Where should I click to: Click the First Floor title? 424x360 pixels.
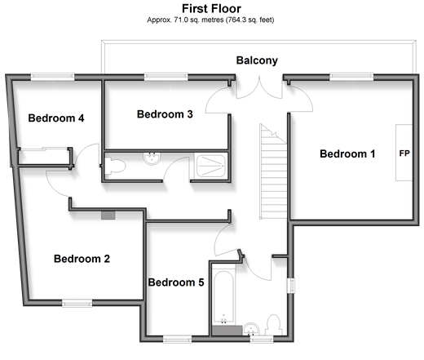click(x=211, y=9)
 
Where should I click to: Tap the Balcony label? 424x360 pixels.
click(x=257, y=60)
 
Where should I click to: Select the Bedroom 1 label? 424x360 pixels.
click(x=347, y=153)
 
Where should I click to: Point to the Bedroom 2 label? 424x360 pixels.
click(x=82, y=259)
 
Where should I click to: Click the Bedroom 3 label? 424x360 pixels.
click(x=165, y=114)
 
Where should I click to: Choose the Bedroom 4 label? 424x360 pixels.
click(x=56, y=118)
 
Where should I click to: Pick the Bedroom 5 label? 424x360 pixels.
click(x=176, y=282)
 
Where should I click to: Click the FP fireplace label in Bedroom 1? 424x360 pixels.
click(x=404, y=153)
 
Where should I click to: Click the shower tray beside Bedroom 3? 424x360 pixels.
click(x=211, y=166)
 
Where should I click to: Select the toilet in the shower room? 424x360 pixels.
click(x=115, y=166)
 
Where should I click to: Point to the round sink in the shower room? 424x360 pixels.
click(x=152, y=158)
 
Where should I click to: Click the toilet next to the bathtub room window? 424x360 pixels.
click(x=273, y=325)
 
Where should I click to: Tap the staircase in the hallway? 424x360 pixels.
click(x=273, y=171)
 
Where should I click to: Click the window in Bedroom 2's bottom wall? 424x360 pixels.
click(x=77, y=303)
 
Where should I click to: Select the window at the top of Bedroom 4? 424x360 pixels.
click(x=52, y=77)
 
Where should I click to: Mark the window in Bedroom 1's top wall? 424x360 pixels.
click(x=351, y=77)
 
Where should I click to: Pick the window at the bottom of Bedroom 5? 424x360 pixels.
click(x=177, y=339)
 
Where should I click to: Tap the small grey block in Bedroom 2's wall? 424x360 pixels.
click(x=108, y=216)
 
